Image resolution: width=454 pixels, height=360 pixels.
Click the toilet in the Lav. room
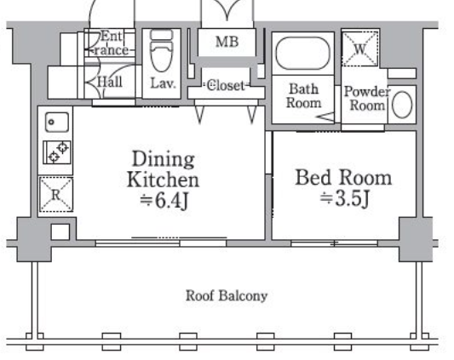point(162,51)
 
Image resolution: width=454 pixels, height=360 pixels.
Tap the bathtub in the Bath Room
point(303,54)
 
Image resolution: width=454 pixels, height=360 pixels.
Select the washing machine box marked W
point(360,49)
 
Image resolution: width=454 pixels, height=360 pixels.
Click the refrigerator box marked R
point(56,194)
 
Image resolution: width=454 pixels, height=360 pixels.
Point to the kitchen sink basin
point(57,122)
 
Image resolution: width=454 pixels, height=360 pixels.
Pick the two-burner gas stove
point(57,152)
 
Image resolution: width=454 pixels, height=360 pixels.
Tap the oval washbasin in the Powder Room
point(402,105)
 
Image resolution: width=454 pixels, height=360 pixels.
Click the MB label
point(227,42)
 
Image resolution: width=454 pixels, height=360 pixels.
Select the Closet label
point(226,85)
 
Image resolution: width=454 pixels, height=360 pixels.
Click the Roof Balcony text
point(227,296)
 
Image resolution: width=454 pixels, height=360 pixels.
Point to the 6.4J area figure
point(164,200)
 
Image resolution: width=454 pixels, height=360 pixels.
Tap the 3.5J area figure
point(345,198)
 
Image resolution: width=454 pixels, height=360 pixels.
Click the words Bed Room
point(343,177)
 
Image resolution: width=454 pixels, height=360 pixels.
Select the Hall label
point(109,82)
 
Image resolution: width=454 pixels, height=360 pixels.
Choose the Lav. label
point(163,83)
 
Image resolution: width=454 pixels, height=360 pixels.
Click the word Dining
point(164,159)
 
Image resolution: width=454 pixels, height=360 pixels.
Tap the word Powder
point(367,92)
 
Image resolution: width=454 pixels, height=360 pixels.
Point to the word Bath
point(304,89)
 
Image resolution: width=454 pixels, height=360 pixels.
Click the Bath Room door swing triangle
point(325,117)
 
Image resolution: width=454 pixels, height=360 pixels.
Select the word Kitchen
point(163,180)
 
